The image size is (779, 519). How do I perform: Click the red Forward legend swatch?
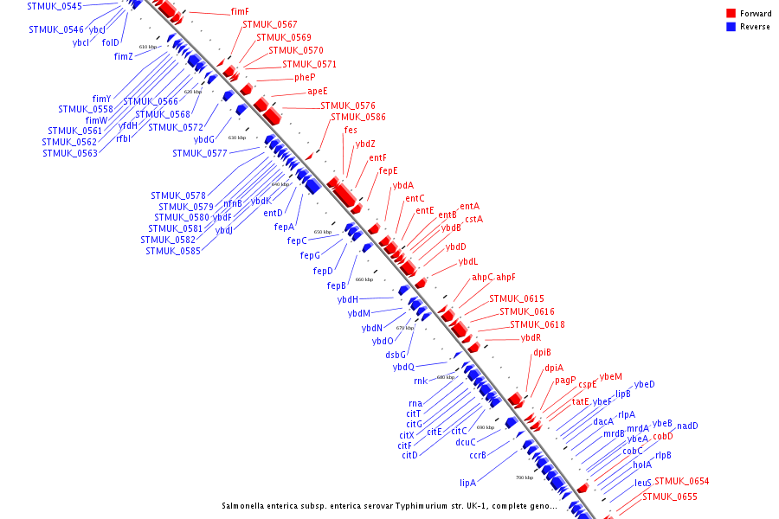(731, 14)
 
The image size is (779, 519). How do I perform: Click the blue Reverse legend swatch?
(731, 27)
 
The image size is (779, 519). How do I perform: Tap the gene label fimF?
(240, 12)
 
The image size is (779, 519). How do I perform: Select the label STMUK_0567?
(269, 24)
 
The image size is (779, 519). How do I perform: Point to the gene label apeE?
(317, 91)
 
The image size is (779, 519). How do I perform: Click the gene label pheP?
(305, 77)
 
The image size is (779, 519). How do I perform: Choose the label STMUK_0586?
(358, 117)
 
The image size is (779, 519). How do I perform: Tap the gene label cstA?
(473, 219)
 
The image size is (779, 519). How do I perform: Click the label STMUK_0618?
(537, 324)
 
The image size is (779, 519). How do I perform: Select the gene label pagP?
(565, 380)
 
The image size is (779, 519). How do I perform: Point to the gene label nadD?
(687, 426)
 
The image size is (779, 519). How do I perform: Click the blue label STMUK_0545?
(55, 6)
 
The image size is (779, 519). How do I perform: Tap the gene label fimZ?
(124, 56)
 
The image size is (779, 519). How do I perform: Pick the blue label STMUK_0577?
(199, 153)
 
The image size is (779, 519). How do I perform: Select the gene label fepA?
(284, 227)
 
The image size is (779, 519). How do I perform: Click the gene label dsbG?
(396, 355)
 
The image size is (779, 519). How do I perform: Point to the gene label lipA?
(468, 483)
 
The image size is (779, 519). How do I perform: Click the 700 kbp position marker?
(525, 477)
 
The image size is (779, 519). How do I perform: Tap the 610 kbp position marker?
(148, 47)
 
